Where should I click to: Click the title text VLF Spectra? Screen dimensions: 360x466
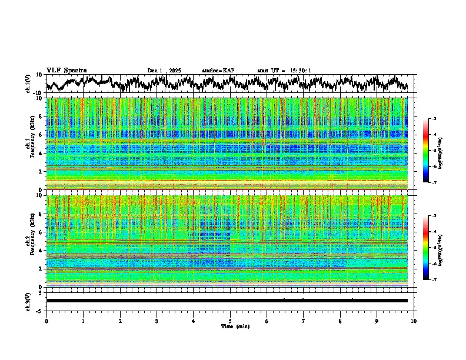click(x=66, y=70)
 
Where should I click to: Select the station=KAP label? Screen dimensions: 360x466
click(x=218, y=71)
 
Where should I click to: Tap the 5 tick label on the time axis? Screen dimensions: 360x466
click(x=230, y=321)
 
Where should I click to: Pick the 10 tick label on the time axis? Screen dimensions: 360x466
click(x=414, y=321)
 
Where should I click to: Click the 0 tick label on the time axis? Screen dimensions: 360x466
click(x=46, y=321)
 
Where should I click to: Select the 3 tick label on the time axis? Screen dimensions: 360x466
click(x=157, y=321)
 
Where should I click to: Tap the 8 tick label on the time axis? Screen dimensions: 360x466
click(x=340, y=321)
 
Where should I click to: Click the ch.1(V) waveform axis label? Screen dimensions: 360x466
click(x=28, y=84)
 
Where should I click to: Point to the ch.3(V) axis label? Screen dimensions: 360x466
click(x=28, y=301)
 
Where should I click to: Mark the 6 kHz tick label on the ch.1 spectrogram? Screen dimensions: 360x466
click(x=39, y=135)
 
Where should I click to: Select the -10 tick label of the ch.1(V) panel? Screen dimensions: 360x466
click(x=38, y=93)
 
